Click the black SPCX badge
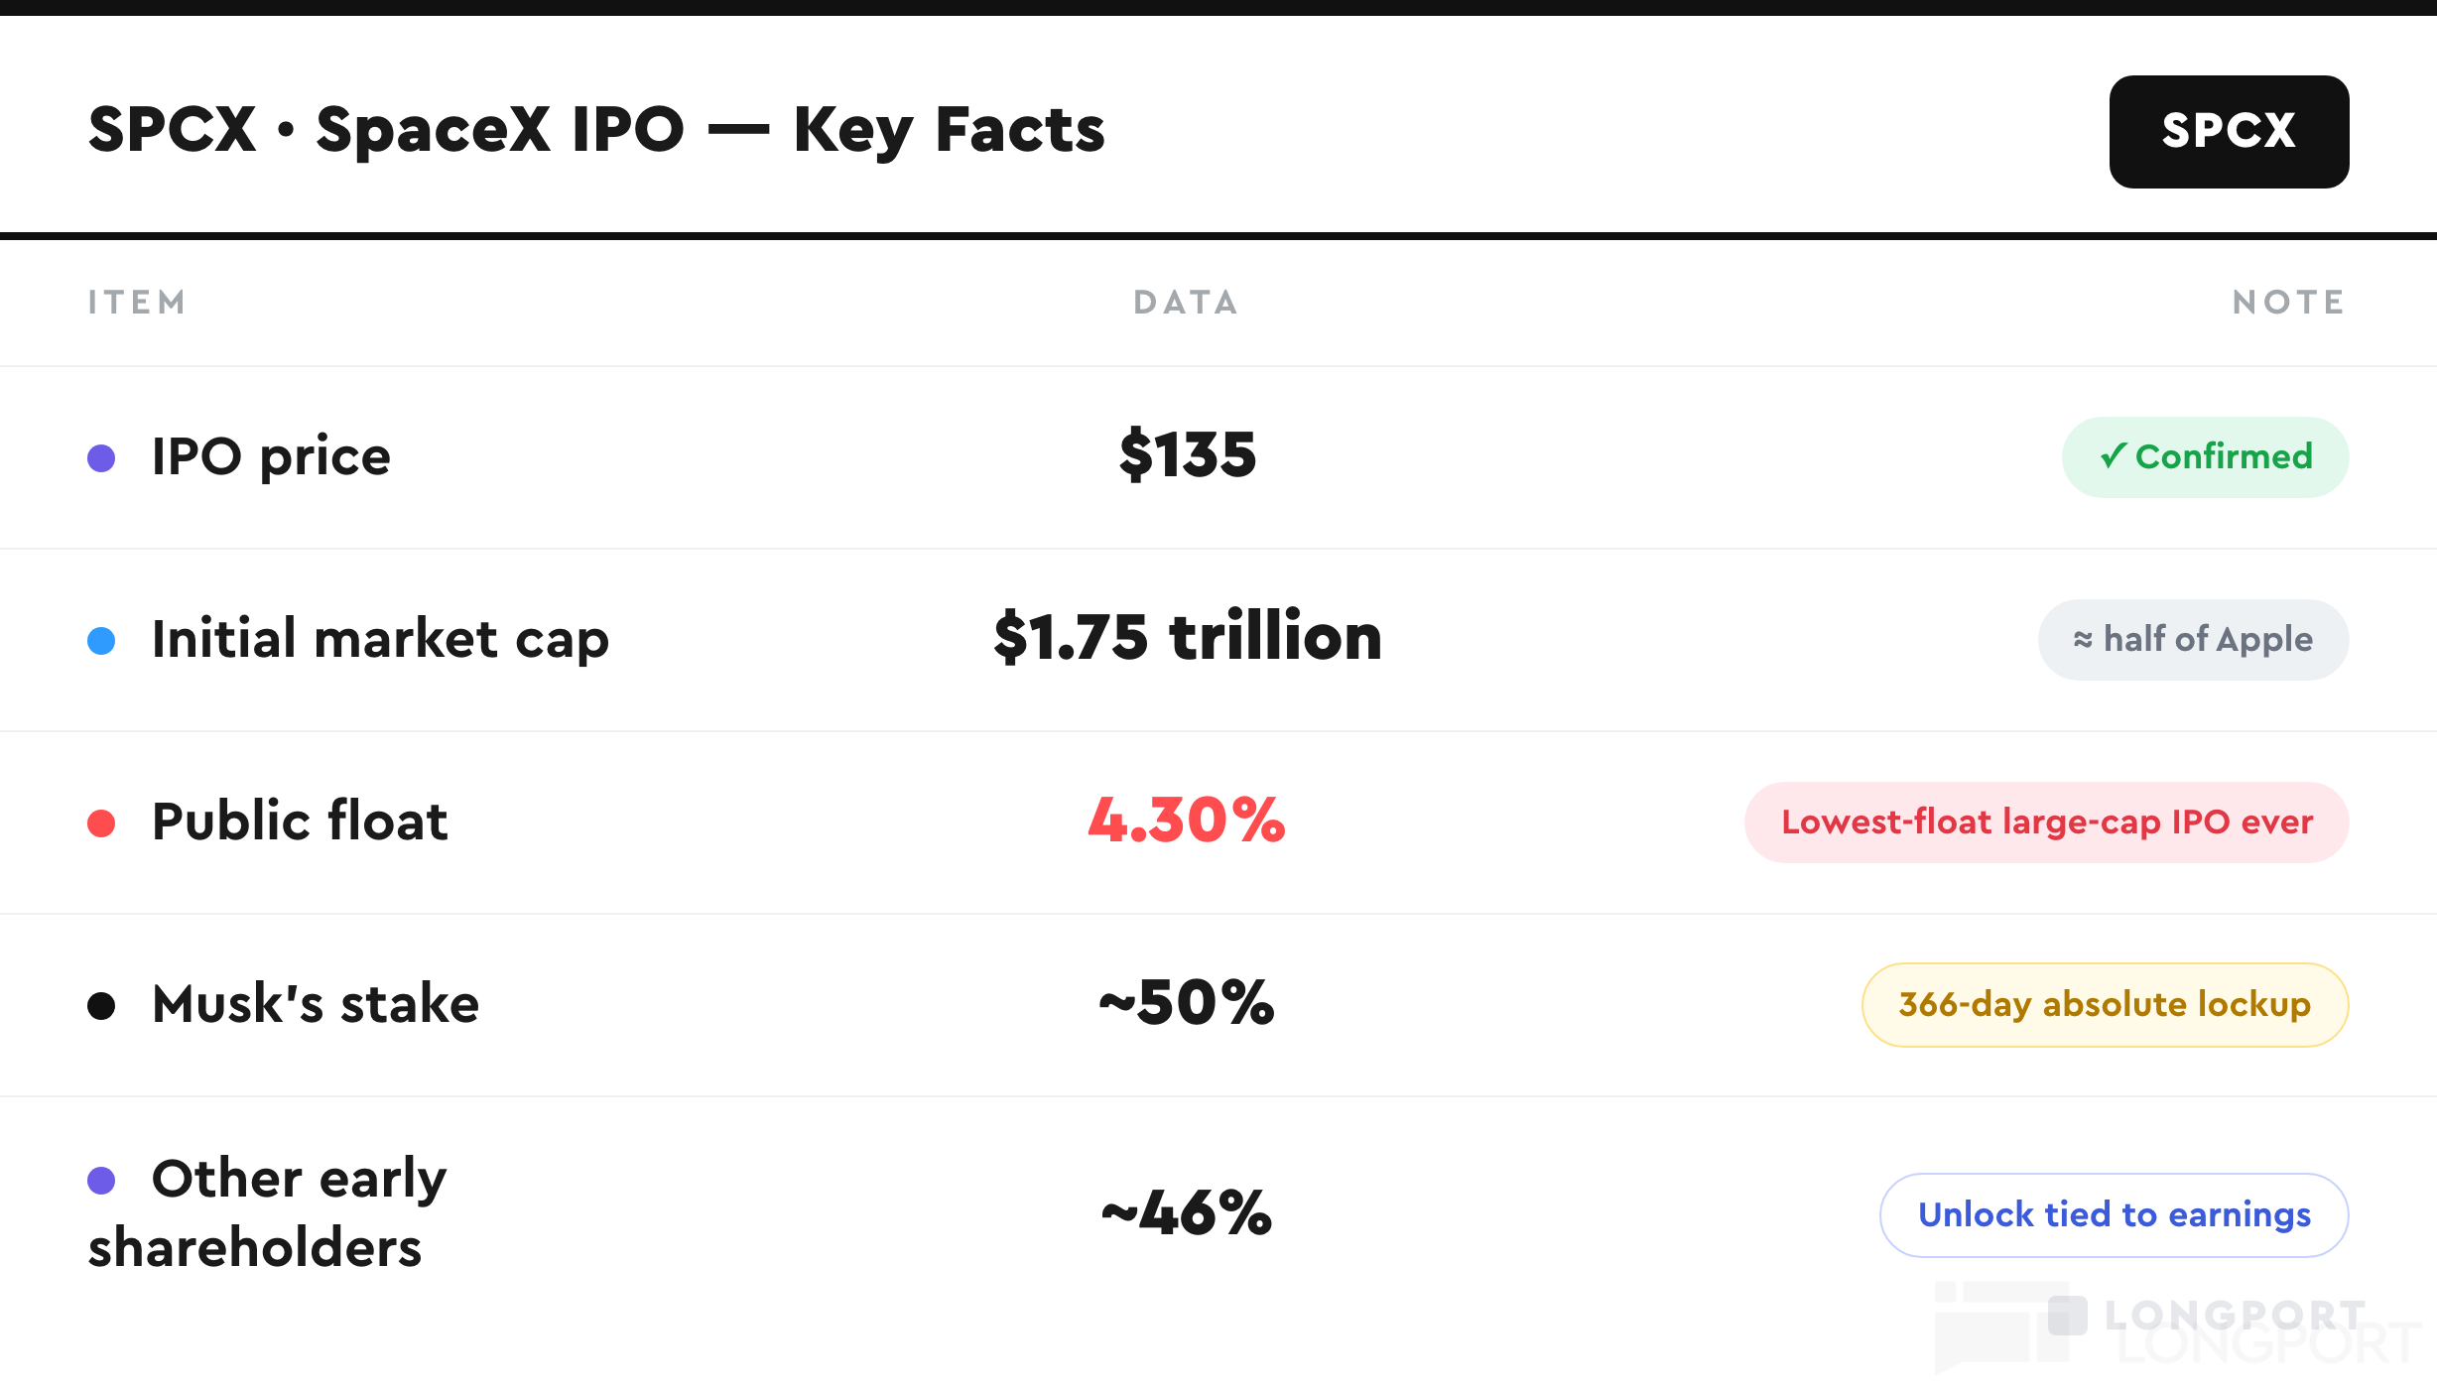(x=2229, y=131)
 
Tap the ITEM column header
(x=137, y=303)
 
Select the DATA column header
(x=1187, y=303)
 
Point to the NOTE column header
(x=2288, y=303)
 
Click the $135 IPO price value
(x=1188, y=455)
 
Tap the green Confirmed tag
(x=2205, y=456)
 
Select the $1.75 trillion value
(x=1188, y=637)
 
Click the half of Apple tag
(x=2193, y=639)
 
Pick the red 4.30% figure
(x=1187, y=821)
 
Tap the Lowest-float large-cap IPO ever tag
(x=2046, y=822)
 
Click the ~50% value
(x=1187, y=1003)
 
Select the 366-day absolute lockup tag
(x=2105, y=1004)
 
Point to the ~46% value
(x=1187, y=1213)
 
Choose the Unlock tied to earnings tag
(x=2114, y=1214)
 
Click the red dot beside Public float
(x=101, y=822)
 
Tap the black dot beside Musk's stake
(x=101, y=1005)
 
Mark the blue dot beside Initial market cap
(x=101, y=640)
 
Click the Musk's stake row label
(x=316, y=1003)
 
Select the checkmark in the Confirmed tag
(x=2113, y=455)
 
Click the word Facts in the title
(x=1020, y=130)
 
